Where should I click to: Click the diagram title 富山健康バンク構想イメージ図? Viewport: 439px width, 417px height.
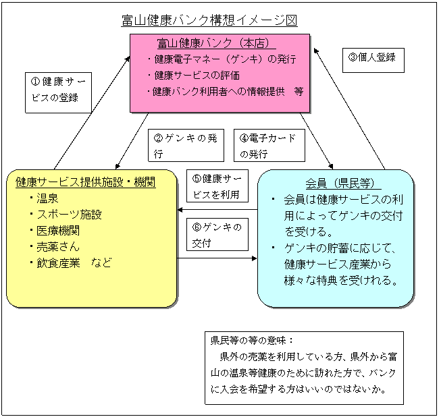(209, 20)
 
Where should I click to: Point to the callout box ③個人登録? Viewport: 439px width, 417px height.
(373, 60)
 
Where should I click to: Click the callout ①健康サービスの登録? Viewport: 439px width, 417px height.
(58, 92)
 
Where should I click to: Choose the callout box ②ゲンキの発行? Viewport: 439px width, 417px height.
(186, 145)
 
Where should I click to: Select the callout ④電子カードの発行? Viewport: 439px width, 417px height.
(269, 145)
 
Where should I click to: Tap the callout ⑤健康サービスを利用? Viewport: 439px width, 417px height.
(217, 186)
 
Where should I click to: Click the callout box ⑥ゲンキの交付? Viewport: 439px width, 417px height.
(217, 234)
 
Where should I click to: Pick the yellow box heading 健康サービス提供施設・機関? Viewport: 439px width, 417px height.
(85, 182)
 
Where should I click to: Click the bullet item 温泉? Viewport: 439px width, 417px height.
(47, 198)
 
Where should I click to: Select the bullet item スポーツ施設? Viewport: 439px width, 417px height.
(69, 215)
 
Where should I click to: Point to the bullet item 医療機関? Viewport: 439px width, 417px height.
(58, 231)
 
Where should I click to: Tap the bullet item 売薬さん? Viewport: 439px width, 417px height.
(58, 247)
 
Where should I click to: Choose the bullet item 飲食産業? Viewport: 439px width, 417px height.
(58, 263)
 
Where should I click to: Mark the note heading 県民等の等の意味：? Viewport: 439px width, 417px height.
(252, 340)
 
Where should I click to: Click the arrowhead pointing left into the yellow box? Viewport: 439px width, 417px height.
(180, 209)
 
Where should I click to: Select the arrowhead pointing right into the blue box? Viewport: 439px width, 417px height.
(254, 258)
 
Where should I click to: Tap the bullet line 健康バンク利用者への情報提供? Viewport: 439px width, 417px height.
(219, 92)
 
